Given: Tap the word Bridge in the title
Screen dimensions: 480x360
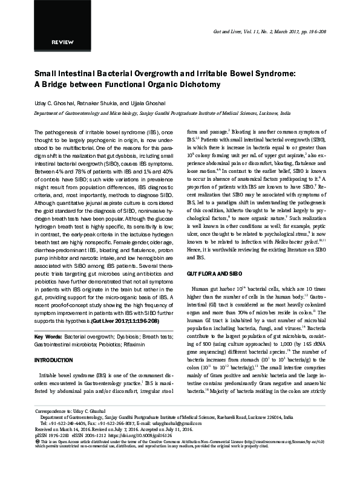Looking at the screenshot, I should click(x=51, y=83).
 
